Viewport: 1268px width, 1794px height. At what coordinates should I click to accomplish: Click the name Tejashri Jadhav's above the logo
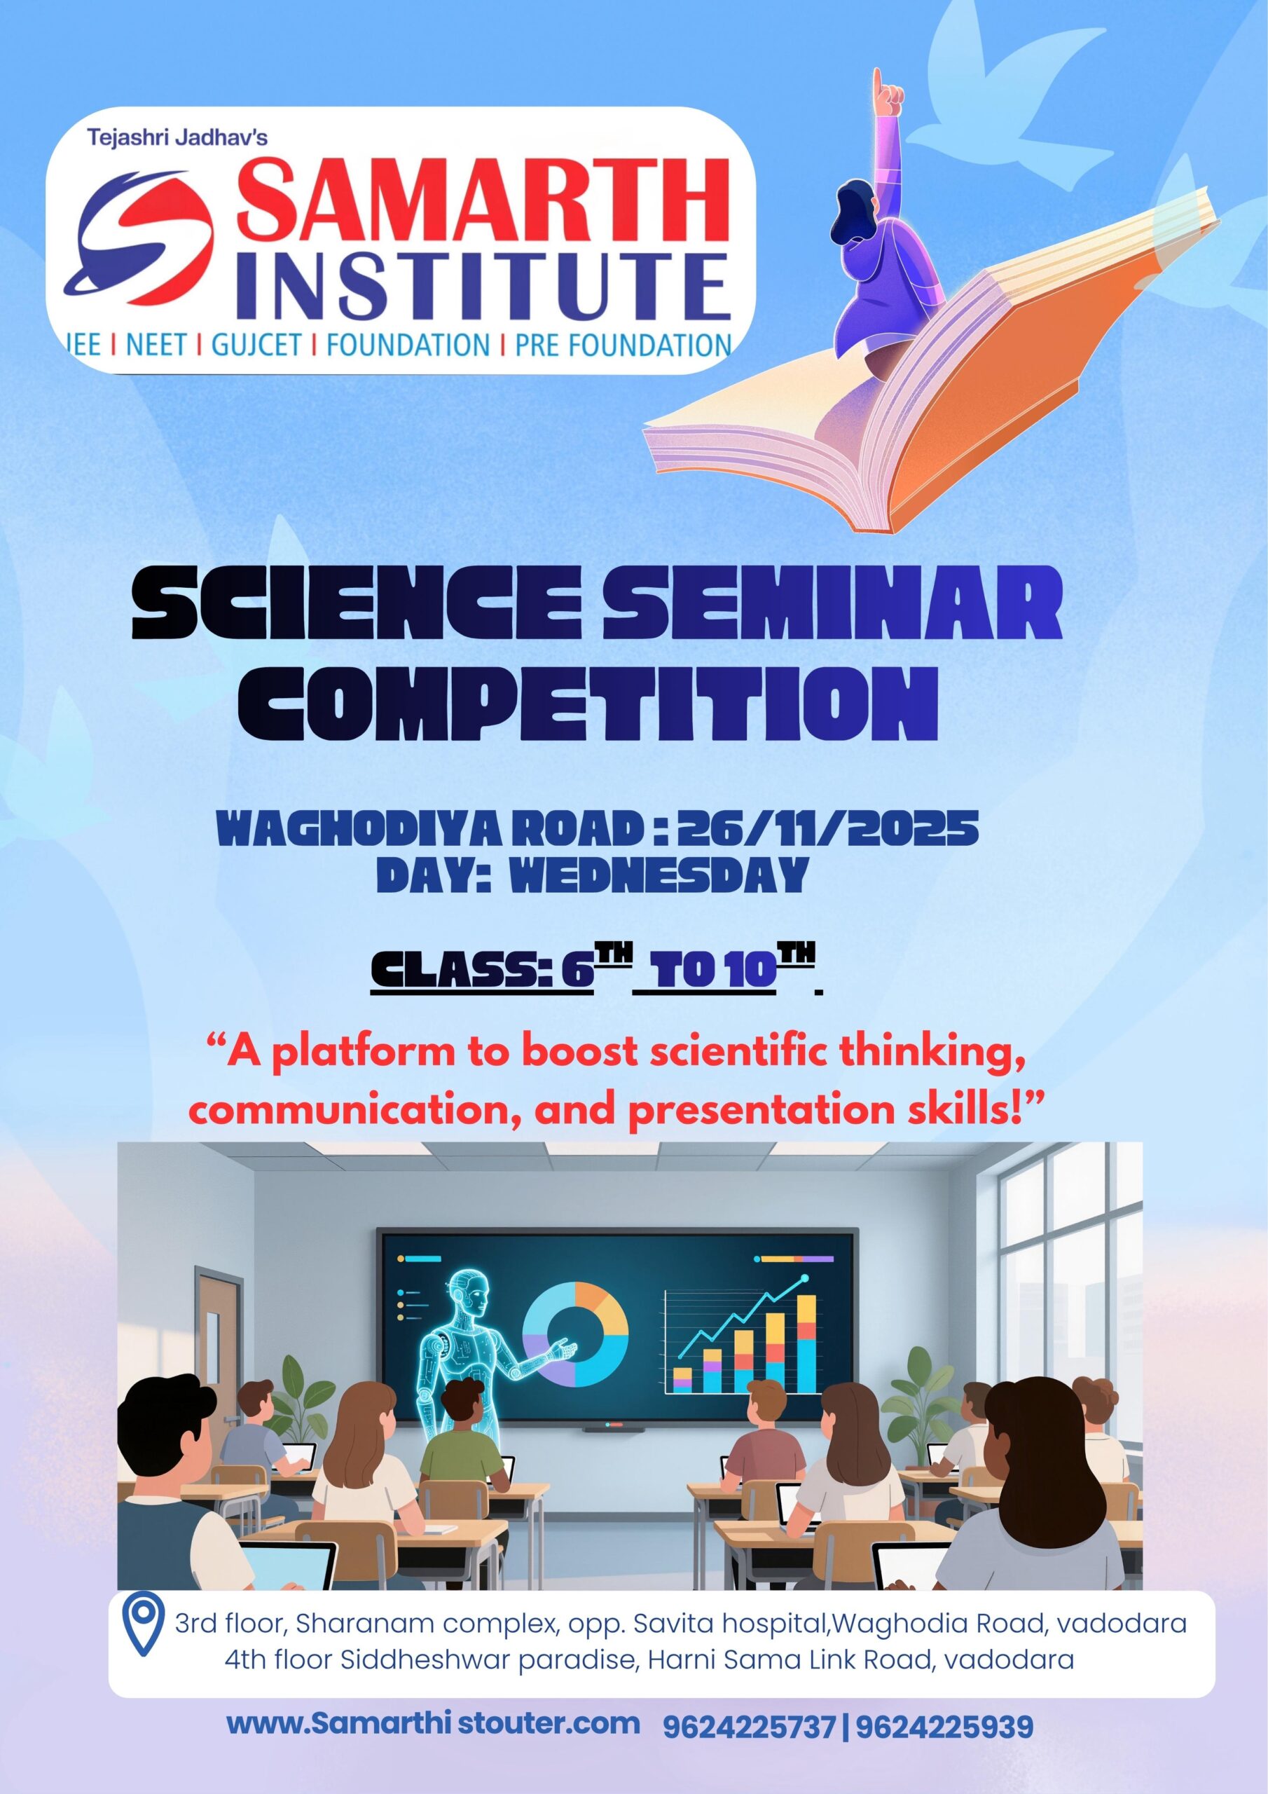point(177,138)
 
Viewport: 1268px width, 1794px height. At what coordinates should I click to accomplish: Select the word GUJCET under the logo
point(256,344)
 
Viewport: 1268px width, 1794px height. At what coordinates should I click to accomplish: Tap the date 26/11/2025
point(828,829)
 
